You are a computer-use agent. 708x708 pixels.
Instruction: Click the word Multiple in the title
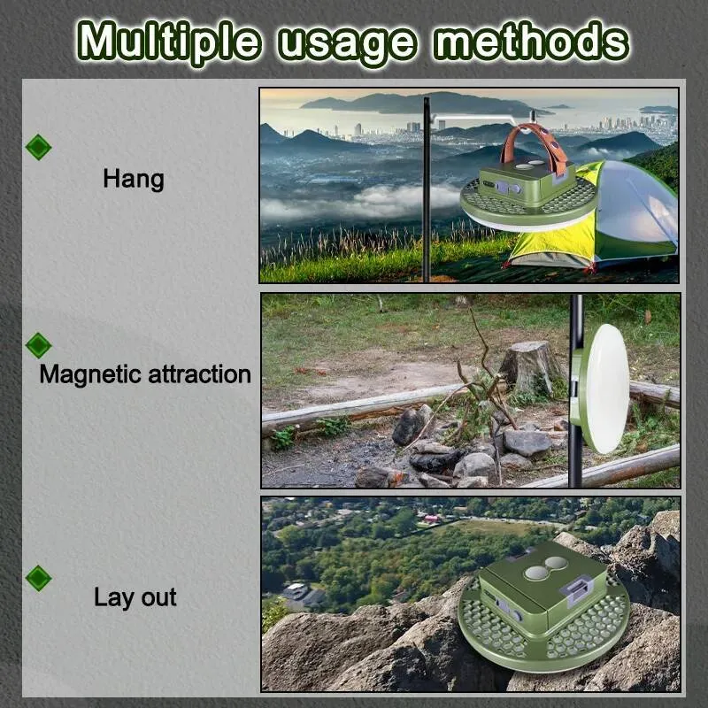point(169,42)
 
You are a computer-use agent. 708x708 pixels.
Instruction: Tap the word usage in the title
point(347,44)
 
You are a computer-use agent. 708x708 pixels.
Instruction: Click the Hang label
point(134,180)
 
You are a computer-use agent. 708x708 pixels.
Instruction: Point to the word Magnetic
point(90,374)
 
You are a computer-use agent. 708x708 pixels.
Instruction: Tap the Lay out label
point(135,597)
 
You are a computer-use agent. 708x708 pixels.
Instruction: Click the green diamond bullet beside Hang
point(38,147)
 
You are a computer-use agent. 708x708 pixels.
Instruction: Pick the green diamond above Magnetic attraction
point(38,346)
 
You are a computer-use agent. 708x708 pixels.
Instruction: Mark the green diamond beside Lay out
point(38,579)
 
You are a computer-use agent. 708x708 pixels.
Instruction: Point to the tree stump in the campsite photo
point(528,366)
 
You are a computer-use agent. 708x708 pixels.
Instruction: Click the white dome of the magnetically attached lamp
point(605,389)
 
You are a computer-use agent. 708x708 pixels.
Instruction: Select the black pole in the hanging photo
point(427,189)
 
